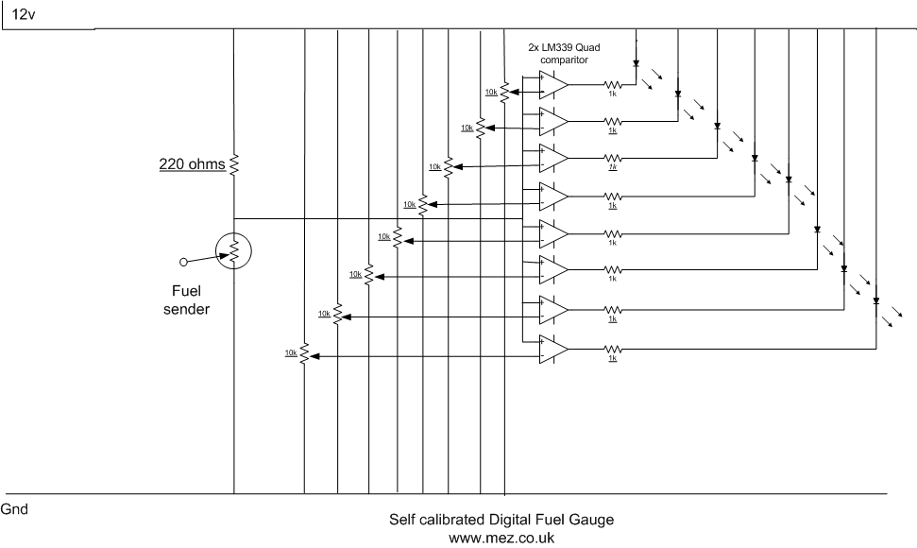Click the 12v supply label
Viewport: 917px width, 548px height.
24,14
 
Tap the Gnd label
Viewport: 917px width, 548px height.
14,509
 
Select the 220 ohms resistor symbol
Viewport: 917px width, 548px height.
233,164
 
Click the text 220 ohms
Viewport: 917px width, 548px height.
192,164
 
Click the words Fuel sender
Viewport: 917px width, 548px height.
186,300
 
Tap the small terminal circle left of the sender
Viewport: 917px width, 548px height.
184,261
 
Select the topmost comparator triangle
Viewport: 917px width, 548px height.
552,85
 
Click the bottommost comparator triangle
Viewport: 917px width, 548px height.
552,350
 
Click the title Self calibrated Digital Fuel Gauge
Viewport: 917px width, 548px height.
501,520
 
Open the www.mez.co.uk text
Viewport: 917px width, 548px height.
501,538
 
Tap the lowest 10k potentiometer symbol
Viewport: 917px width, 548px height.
304,355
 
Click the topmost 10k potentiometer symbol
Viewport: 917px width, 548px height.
504,92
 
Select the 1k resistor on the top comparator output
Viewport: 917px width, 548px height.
612,85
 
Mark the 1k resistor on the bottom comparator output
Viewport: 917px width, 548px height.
612,350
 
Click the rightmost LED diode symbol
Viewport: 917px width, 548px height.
876,301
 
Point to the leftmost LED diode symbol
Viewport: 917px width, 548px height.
637,64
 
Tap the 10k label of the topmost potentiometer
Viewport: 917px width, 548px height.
491,92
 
